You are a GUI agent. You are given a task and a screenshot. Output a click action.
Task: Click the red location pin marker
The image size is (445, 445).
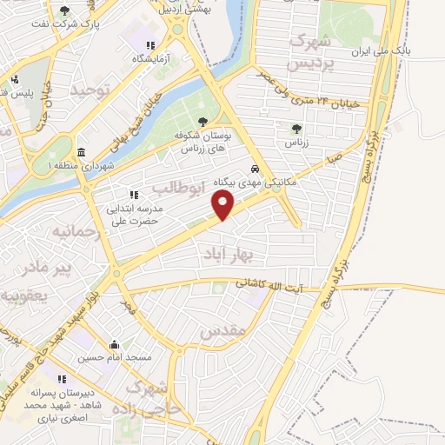tap(224, 205)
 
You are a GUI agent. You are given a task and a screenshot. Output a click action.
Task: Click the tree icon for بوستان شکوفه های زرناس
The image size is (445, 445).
tap(203, 123)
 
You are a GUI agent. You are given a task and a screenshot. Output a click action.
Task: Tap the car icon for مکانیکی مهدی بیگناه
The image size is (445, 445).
tap(254, 169)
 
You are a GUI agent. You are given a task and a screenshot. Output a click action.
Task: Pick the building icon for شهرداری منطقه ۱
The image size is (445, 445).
tap(80, 151)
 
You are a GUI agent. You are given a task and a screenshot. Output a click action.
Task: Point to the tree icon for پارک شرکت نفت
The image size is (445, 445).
tap(65, 10)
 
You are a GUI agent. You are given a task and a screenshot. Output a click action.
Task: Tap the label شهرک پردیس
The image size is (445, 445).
tap(312, 53)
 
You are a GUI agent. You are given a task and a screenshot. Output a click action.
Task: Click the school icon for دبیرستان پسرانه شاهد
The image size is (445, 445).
tap(62, 379)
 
